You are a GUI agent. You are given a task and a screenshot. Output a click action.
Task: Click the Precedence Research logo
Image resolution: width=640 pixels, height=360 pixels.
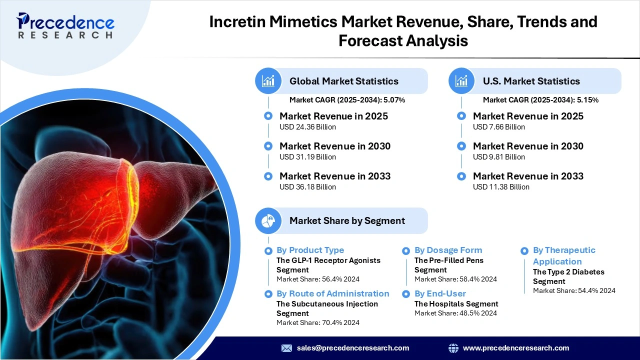point(65,25)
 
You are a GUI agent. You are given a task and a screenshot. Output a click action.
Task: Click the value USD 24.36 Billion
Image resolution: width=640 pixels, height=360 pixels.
point(307,127)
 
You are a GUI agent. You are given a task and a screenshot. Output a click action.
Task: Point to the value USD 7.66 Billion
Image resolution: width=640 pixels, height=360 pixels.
point(499,127)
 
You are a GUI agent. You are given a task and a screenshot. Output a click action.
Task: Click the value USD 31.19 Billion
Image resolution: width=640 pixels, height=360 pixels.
point(307,157)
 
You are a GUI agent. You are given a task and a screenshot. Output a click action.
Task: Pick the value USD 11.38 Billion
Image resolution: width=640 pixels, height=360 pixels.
point(501,187)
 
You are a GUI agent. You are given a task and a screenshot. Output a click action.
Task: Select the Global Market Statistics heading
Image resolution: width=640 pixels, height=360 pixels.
point(344,81)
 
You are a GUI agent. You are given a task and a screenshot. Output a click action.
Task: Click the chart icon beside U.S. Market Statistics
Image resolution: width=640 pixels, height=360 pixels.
point(461,81)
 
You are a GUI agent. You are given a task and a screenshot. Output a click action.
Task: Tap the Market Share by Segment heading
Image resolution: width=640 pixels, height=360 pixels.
point(347,220)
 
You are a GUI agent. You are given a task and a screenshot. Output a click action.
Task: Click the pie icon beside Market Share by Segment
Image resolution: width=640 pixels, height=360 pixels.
point(268,220)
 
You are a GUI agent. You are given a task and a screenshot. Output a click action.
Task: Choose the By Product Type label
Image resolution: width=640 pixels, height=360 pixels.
point(310,250)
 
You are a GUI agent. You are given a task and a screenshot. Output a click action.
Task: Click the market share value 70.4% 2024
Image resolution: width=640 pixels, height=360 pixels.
point(339,322)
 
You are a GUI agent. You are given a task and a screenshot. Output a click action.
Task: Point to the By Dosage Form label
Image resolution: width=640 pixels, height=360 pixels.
point(448,250)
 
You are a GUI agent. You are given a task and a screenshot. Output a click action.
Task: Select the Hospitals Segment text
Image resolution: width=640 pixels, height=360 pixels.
point(456,303)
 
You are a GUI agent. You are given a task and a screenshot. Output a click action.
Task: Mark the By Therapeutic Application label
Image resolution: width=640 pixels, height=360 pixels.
point(564,255)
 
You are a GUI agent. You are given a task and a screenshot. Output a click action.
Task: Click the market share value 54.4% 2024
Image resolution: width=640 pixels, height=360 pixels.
point(596,290)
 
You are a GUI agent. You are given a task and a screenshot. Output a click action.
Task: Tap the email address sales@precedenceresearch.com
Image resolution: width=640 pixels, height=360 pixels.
point(353,348)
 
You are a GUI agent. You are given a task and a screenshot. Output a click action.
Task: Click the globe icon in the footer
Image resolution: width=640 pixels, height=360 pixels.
point(453,348)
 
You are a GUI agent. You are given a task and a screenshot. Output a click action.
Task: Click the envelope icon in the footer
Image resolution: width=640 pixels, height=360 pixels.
point(286,348)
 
